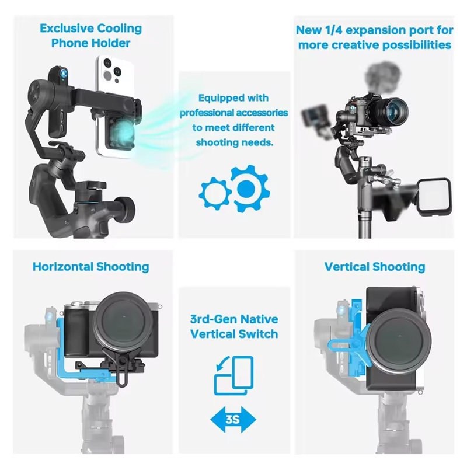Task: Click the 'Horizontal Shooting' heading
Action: tap(91, 267)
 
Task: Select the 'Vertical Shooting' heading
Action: tap(375, 267)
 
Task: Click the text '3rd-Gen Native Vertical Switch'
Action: tap(234, 327)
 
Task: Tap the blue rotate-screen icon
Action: tap(234, 376)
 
